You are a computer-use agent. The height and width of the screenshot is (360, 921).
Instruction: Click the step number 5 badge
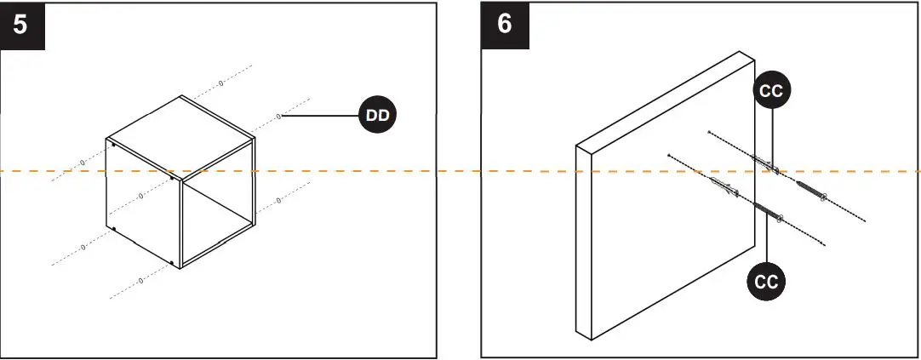pyautogui.click(x=20, y=23)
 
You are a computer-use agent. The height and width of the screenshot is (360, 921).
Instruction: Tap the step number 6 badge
pyautogui.click(x=505, y=23)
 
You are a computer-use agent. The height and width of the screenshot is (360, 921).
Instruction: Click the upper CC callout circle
pyautogui.click(x=771, y=92)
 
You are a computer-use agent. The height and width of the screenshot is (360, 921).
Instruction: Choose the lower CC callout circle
pyautogui.click(x=767, y=281)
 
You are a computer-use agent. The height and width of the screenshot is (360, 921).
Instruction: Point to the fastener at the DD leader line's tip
pyautogui.click(x=278, y=117)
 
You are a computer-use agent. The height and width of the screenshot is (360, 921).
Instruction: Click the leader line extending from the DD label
pyautogui.click(x=319, y=117)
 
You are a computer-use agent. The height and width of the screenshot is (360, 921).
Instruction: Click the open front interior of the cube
pyautogui.click(x=217, y=217)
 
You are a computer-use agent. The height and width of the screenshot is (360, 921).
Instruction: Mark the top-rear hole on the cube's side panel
pyautogui.click(x=113, y=145)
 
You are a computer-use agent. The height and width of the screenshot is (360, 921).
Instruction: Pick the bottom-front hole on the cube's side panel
pyautogui.click(x=173, y=262)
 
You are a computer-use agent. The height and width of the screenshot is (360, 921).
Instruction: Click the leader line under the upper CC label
pyautogui.click(x=771, y=136)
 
